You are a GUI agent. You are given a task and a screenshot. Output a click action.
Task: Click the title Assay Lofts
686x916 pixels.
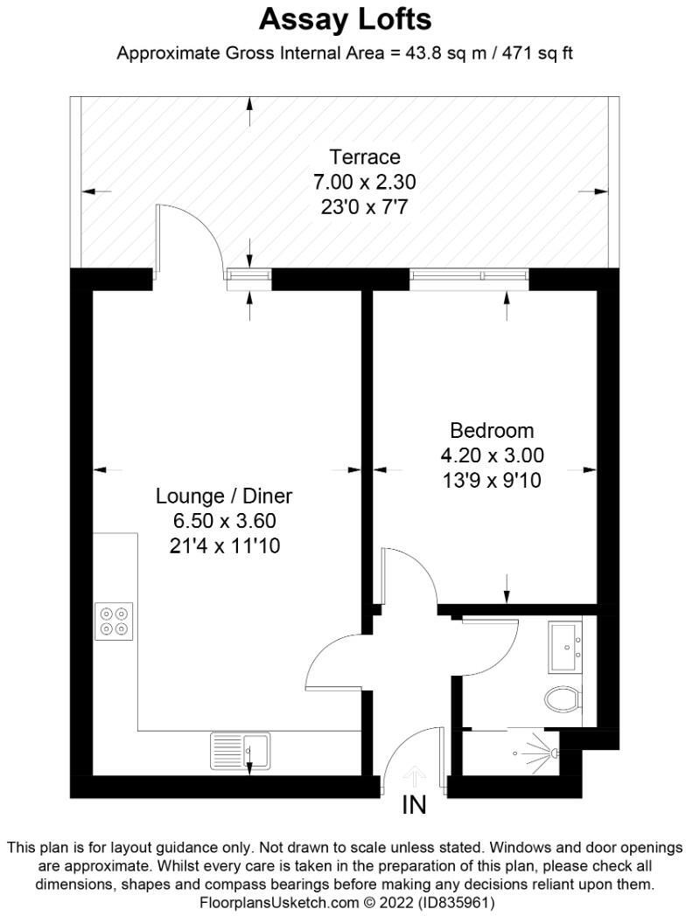pos(345,18)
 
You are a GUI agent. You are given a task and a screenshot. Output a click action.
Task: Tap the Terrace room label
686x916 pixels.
pos(364,157)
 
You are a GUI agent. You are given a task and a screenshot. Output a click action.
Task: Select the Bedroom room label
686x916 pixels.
pos(491,430)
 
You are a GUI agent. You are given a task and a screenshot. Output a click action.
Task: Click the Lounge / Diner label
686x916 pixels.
pos(224,496)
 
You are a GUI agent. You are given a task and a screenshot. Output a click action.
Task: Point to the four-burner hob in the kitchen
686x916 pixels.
pos(115,620)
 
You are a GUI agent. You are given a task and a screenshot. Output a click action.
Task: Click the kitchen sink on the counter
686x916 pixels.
pos(241,751)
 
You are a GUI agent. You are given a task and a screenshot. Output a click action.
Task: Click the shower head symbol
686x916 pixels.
pos(550,751)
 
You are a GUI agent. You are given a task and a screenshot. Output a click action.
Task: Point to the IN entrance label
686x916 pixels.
pos(414,805)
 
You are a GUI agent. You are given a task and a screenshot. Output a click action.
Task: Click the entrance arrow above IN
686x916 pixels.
pos(415,775)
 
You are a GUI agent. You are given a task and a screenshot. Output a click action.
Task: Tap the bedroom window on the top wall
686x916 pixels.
pos(470,278)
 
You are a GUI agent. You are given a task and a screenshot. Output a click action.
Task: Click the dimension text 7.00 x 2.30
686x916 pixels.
pos(364,183)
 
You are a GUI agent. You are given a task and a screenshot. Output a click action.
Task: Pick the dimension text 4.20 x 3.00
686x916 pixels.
pos(492,455)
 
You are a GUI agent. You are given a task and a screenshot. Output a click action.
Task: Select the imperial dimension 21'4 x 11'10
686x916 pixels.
pos(224,546)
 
